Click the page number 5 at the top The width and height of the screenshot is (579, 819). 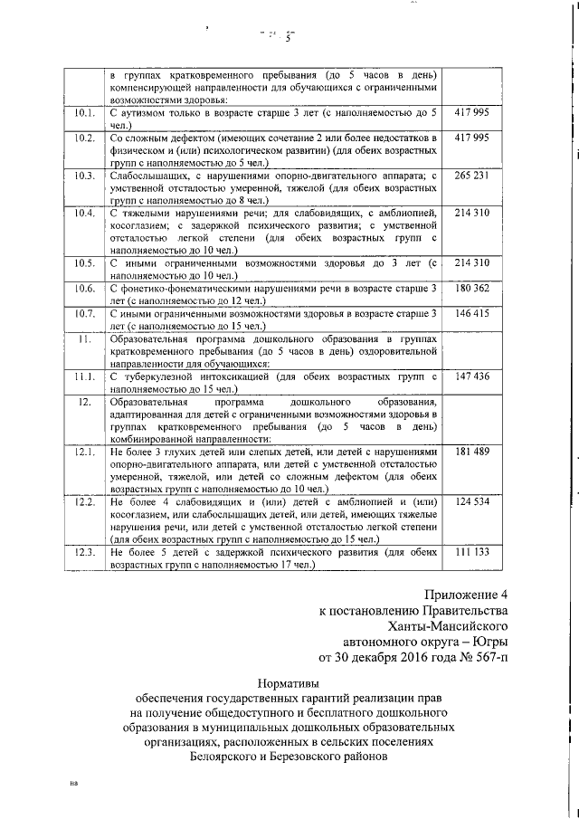click(x=289, y=38)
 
